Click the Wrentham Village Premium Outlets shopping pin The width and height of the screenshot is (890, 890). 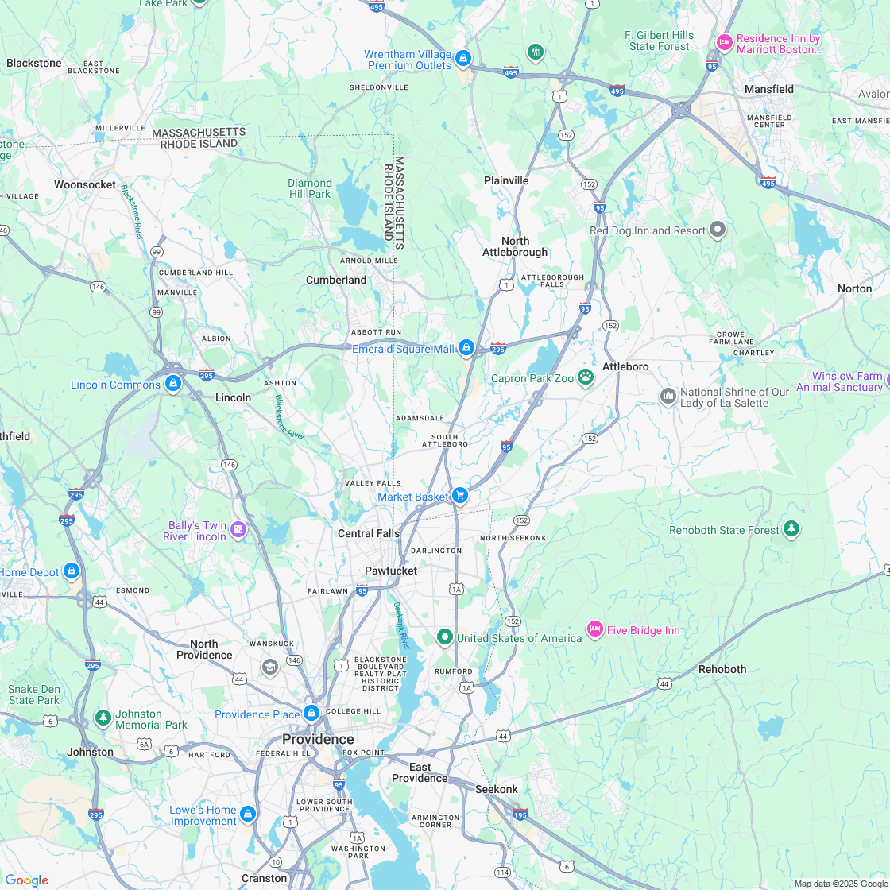pyautogui.click(x=462, y=58)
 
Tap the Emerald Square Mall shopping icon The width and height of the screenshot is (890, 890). pyautogui.click(x=466, y=348)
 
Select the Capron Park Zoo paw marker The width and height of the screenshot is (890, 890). pyautogui.click(x=586, y=377)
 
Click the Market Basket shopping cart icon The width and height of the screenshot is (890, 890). pyautogui.click(x=459, y=496)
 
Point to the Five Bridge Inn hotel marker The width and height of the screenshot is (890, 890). pyautogui.click(x=594, y=630)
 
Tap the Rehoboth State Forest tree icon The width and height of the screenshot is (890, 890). pyautogui.click(x=791, y=528)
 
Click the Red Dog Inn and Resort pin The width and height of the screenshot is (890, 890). pyautogui.click(x=718, y=230)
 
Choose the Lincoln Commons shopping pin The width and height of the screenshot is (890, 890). pyautogui.click(x=172, y=384)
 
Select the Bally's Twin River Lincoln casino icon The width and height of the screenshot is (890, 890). pyautogui.click(x=238, y=529)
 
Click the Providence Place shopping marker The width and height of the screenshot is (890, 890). pyautogui.click(x=311, y=713)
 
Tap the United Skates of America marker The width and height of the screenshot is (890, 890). pyautogui.click(x=445, y=637)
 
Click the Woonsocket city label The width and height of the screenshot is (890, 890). pyautogui.click(x=85, y=184)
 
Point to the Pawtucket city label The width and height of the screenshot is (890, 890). pyautogui.click(x=390, y=571)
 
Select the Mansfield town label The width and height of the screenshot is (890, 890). pyautogui.click(x=768, y=89)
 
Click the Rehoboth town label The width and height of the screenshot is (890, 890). pyautogui.click(x=722, y=669)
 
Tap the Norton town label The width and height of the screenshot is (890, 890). pyautogui.click(x=854, y=288)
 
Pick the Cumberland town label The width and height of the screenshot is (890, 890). pyautogui.click(x=336, y=280)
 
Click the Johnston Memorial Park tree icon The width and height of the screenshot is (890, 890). pyautogui.click(x=103, y=718)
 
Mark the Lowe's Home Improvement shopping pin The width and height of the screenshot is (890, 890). pyautogui.click(x=248, y=814)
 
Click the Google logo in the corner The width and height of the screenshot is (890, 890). pyautogui.click(x=26, y=880)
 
